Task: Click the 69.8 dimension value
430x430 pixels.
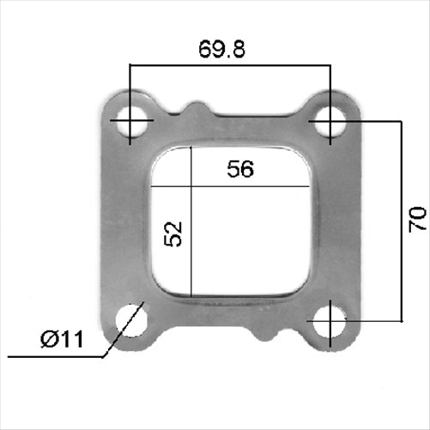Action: pyautogui.click(x=222, y=49)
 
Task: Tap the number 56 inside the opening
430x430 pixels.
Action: pyautogui.click(x=240, y=170)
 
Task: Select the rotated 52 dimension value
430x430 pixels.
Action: pyautogui.click(x=173, y=233)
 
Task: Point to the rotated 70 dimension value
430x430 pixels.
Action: pyautogui.click(x=417, y=220)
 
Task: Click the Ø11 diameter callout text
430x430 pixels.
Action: pyautogui.click(x=63, y=340)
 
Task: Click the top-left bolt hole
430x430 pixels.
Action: pyautogui.click(x=130, y=123)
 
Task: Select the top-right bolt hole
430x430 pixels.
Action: pyautogui.click(x=328, y=123)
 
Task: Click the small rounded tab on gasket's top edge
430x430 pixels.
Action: pyautogui.click(x=197, y=110)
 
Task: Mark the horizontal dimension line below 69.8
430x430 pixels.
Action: pyautogui.click(x=229, y=64)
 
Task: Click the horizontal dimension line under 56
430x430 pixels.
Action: pyautogui.click(x=249, y=185)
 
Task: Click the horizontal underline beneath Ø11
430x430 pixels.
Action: pyautogui.click(x=51, y=355)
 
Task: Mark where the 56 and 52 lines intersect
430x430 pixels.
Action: pyautogui.click(x=193, y=185)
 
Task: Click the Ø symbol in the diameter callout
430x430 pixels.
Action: pyautogui.click(x=49, y=340)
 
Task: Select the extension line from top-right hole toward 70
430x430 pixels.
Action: pyautogui.click(x=369, y=122)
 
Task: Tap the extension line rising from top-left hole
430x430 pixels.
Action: pyautogui.click(x=130, y=86)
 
